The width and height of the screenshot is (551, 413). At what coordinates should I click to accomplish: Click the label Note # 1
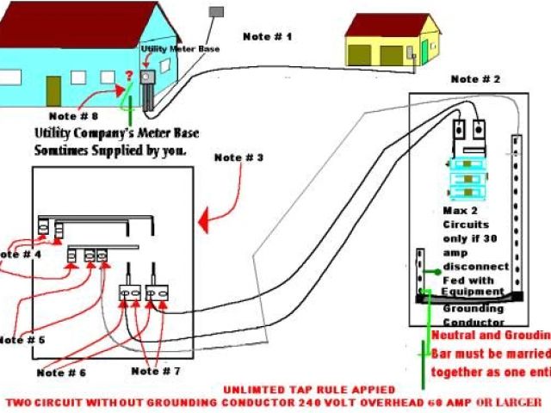click(x=267, y=36)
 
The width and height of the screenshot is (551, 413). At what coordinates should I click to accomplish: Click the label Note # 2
click(x=475, y=79)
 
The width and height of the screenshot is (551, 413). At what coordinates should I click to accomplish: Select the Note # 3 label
click(x=238, y=157)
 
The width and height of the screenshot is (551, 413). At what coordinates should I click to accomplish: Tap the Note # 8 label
click(x=73, y=114)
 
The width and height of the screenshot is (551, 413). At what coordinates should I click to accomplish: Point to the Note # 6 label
click(x=61, y=372)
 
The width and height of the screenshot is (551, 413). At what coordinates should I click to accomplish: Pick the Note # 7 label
click(x=156, y=371)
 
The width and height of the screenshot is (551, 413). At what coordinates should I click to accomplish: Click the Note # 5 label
click(x=22, y=340)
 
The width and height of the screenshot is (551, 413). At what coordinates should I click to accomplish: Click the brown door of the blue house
click(x=53, y=89)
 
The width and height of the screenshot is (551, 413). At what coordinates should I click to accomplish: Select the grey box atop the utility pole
click(x=217, y=12)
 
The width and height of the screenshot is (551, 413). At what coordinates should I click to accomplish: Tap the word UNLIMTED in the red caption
click(x=253, y=389)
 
